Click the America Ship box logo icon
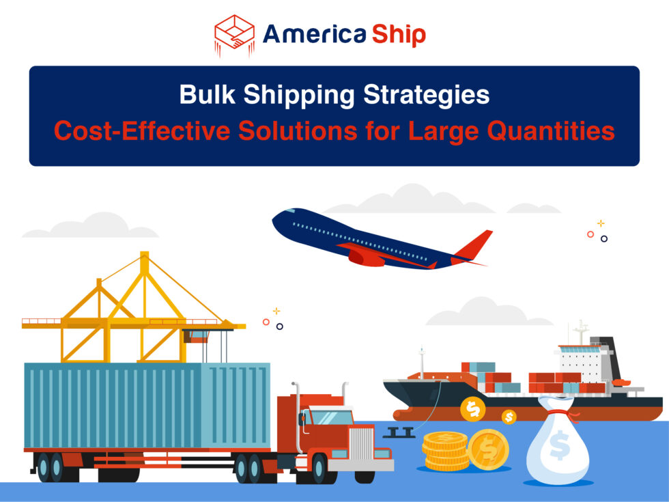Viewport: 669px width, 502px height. tap(234, 35)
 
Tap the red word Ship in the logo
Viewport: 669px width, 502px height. tap(399, 34)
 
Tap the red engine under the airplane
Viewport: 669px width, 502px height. tap(367, 257)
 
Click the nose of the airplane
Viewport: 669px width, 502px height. tap(277, 219)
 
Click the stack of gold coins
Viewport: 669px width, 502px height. tap(446, 451)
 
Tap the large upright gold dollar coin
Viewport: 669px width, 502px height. tap(488, 449)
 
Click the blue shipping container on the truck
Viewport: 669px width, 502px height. tap(147, 406)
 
